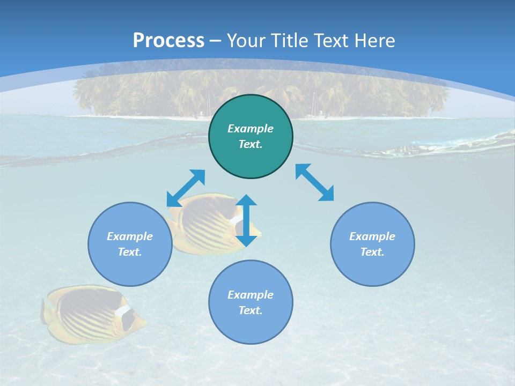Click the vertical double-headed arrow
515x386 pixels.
pyautogui.click(x=246, y=220)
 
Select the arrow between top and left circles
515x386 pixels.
pyautogui.click(x=186, y=188)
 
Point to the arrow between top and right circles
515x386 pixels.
pyautogui.click(x=315, y=183)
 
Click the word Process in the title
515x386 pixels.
pyautogui.click(x=168, y=40)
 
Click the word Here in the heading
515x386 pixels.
pyautogui.click(x=376, y=40)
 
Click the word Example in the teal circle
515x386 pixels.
pyautogui.click(x=251, y=129)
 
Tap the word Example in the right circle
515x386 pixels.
pyautogui.click(x=372, y=236)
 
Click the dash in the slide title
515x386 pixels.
pyautogui.click(x=216, y=41)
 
